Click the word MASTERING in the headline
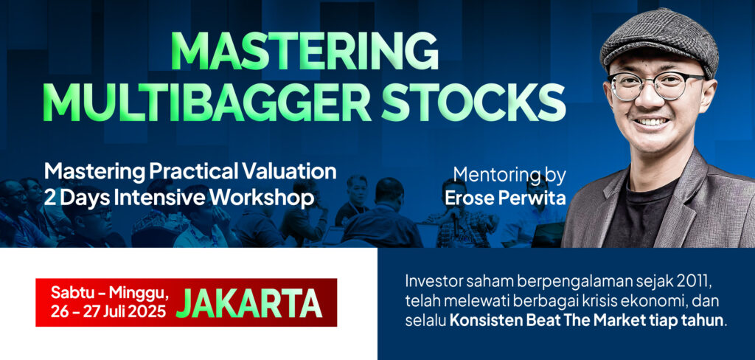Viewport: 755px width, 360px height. click(305, 52)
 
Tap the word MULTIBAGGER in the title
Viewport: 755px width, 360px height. click(207, 103)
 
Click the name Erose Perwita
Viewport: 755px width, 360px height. click(504, 198)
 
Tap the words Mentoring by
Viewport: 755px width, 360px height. click(509, 176)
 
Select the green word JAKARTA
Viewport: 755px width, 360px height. click(249, 303)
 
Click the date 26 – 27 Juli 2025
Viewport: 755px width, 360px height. click(108, 311)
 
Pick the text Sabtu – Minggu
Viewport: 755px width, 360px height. click(110, 293)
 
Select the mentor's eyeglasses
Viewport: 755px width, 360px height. click(657, 86)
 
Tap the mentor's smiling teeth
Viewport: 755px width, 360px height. click(651, 122)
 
